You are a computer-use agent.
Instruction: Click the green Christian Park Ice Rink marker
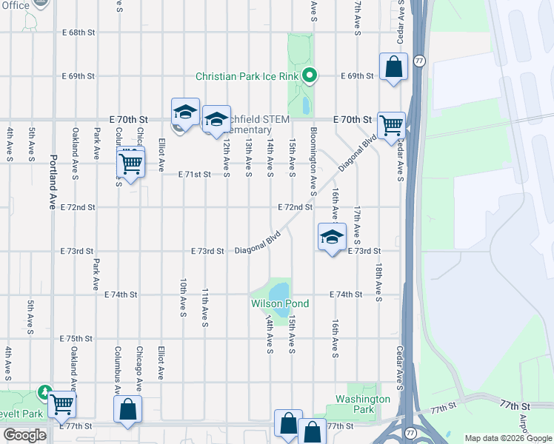point(310,75)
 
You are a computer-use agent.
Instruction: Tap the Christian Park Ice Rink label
point(247,76)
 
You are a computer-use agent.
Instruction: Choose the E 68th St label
point(79,33)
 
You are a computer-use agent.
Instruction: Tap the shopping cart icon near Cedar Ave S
point(391,125)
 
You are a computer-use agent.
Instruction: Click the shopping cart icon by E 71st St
point(131,161)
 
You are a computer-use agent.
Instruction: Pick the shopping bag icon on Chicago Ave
point(128,408)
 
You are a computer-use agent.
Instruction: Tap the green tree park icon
point(45,391)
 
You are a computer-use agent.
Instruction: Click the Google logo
point(24,435)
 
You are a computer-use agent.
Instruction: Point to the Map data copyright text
point(507,438)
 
